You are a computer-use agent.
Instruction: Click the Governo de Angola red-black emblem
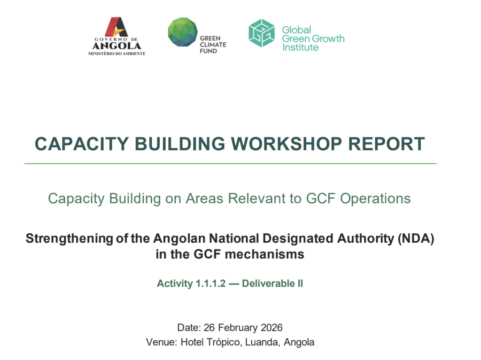[x=116, y=27]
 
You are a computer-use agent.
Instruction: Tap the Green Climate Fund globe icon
[x=183, y=32]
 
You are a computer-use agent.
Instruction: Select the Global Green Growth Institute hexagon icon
[x=261, y=33]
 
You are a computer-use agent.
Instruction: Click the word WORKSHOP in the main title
[x=286, y=144]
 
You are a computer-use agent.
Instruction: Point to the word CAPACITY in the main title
[x=82, y=144]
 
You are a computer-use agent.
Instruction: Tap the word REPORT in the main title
[x=386, y=144]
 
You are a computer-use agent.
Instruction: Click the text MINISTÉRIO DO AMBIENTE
[x=117, y=54]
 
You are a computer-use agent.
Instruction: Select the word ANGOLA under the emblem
[x=117, y=46]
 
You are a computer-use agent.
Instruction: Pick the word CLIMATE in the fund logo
[x=213, y=45]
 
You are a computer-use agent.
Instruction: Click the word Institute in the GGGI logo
[x=300, y=47]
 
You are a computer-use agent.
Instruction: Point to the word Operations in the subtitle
[x=375, y=199]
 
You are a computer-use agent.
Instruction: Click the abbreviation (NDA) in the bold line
[x=416, y=238]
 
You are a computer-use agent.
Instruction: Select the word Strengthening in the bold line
[x=70, y=238]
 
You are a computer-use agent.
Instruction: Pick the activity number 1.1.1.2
[x=210, y=283]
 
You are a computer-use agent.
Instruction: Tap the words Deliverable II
[x=272, y=283]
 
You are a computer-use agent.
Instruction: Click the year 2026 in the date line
[x=272, y=328]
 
